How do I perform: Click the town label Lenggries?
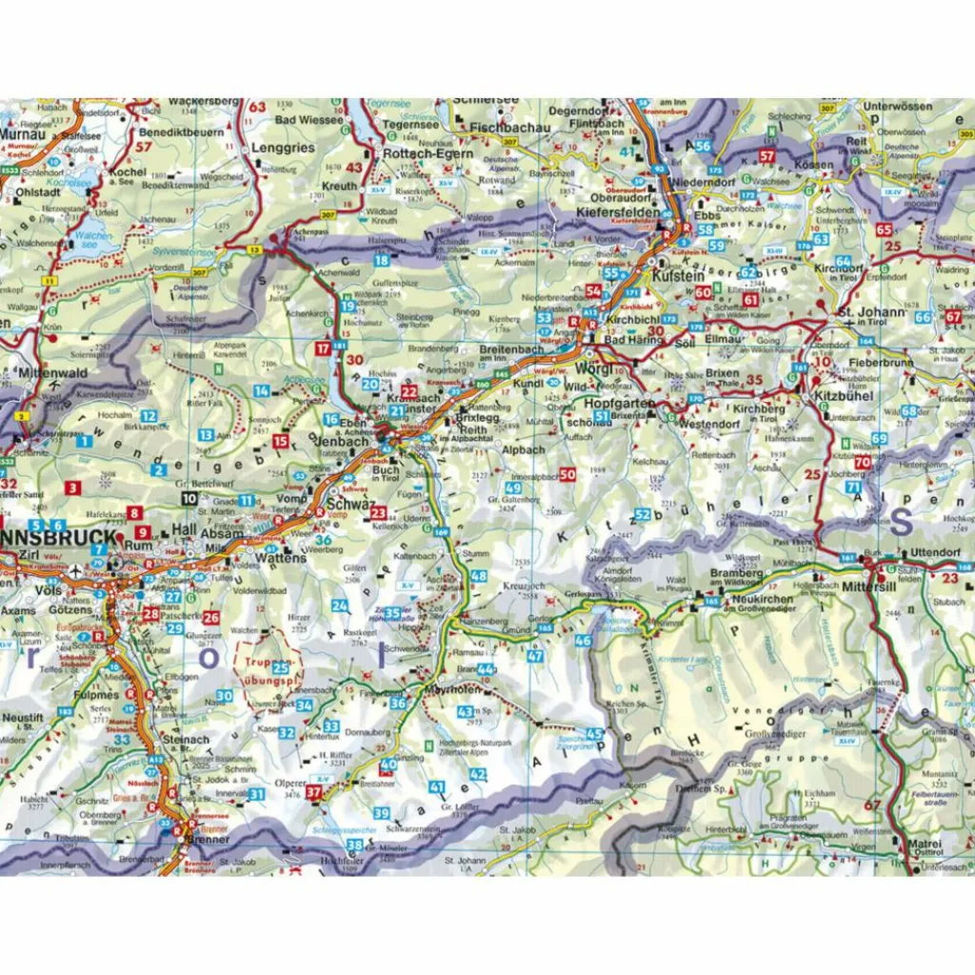283,149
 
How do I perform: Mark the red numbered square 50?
568,474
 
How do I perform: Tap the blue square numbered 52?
644,515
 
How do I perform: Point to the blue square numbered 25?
280,667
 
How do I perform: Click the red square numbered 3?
73,488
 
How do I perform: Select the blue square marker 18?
382,260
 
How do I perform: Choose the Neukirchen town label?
764,600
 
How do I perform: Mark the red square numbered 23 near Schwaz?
378,513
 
